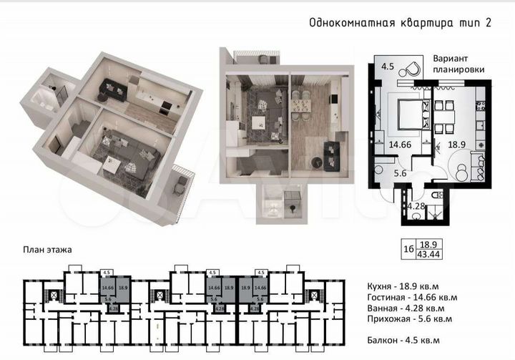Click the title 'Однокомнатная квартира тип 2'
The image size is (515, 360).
click(400, 23)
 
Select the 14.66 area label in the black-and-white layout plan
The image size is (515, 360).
click(401, 144)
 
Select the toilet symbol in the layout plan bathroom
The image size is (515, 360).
click(438, 195)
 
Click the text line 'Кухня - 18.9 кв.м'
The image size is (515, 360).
click(401, 286)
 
